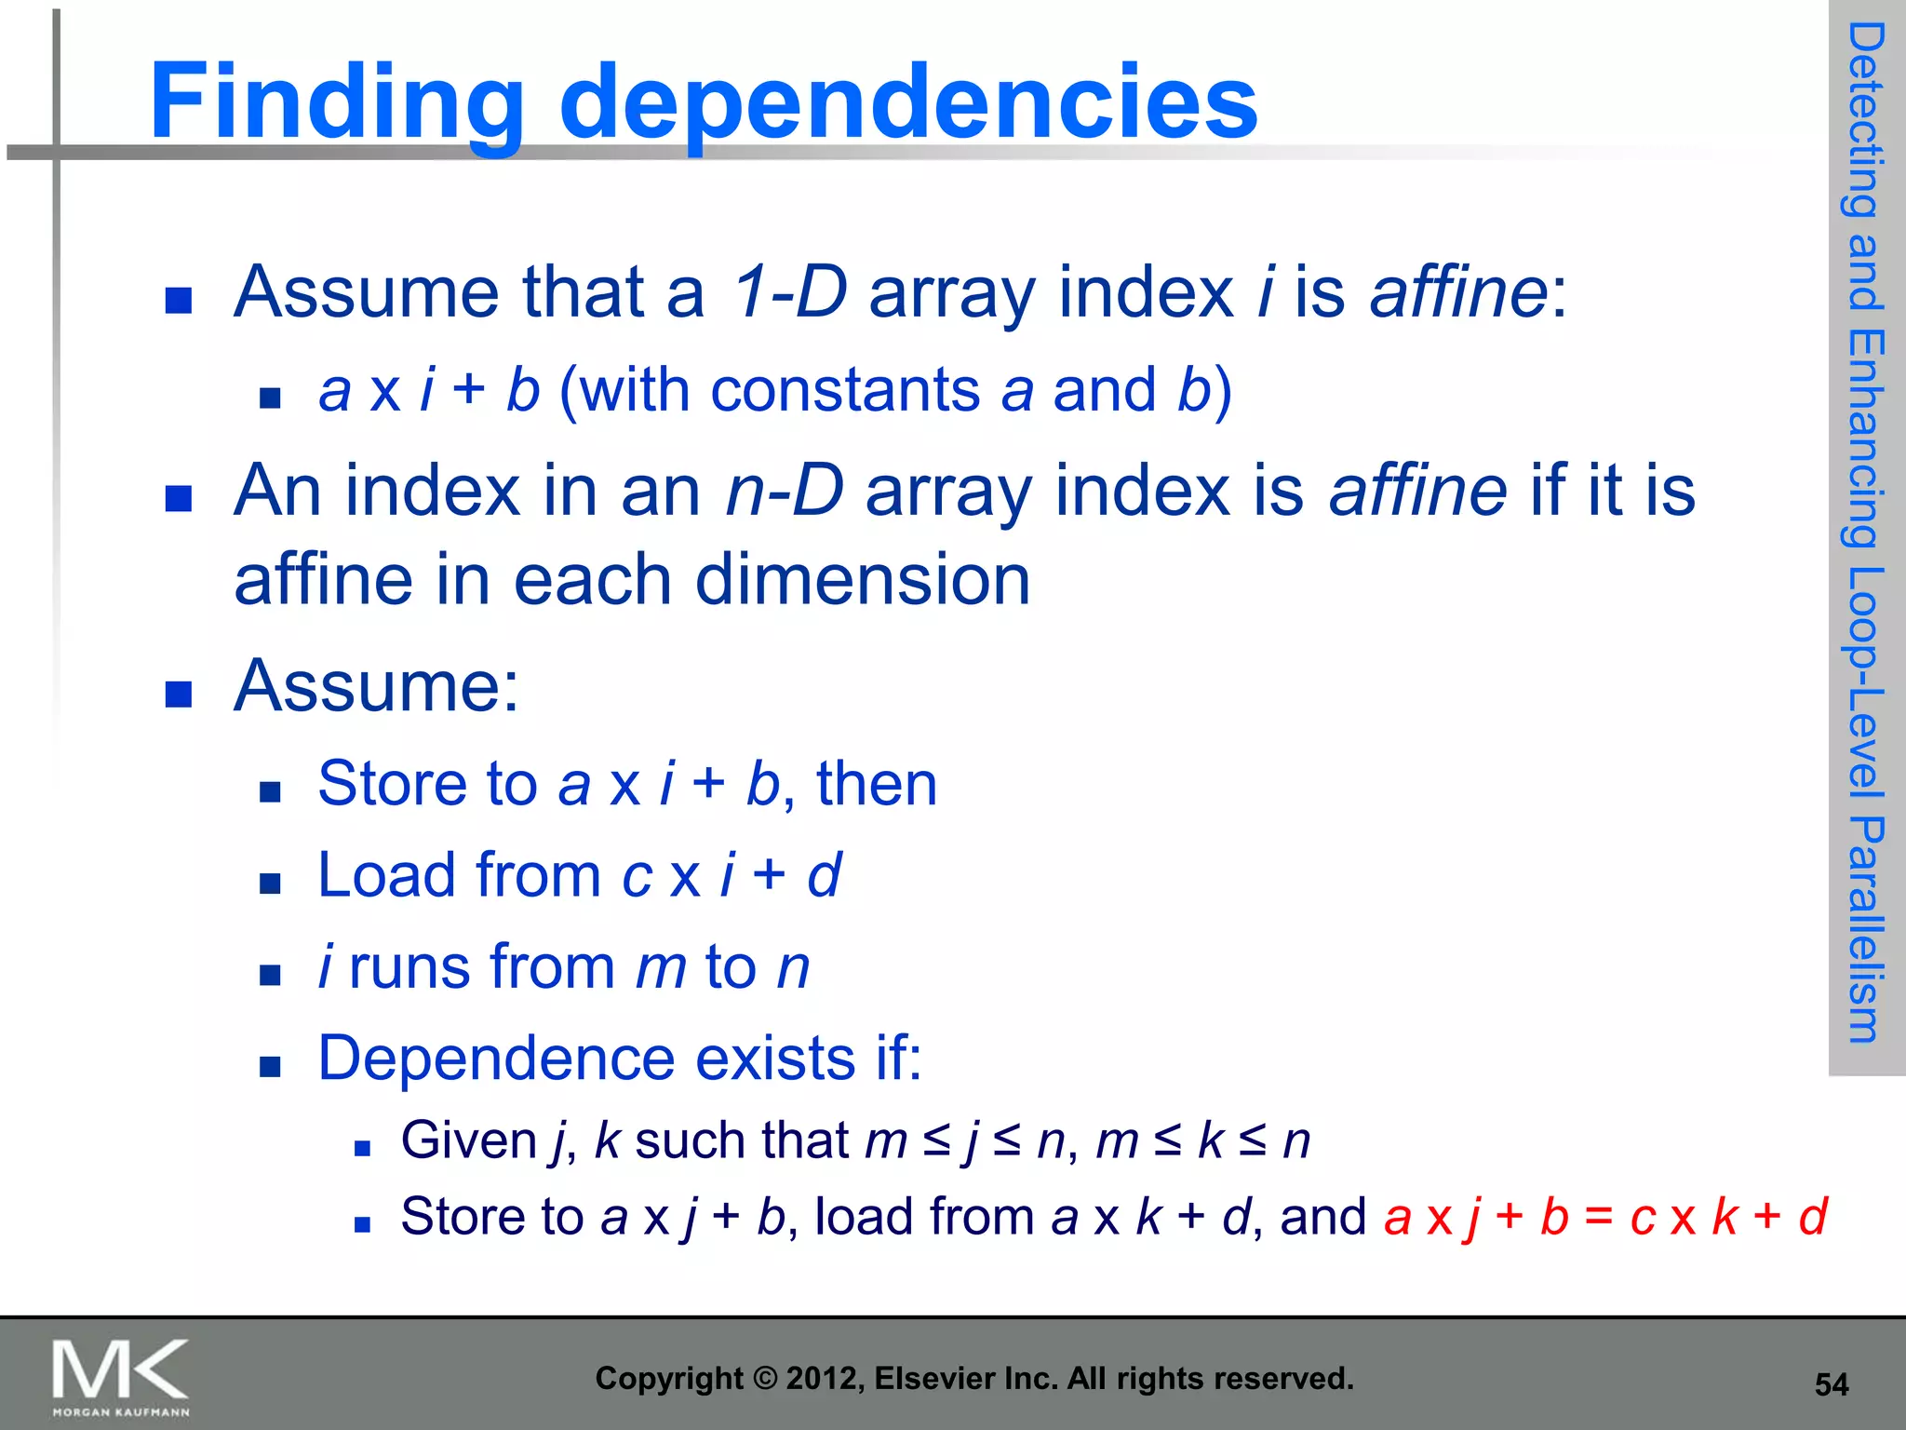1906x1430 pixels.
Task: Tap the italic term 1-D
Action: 789,292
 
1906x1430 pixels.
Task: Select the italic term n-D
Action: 784,491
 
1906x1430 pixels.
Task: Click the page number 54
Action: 1831,1384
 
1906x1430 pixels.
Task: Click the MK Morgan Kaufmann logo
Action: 121,1376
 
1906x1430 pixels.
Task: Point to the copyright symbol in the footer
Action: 764,1379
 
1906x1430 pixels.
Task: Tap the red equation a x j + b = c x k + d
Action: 1605,1217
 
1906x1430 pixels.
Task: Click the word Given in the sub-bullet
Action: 468,1140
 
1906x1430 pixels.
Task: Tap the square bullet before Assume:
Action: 178,694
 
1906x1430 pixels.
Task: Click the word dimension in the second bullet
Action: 863,580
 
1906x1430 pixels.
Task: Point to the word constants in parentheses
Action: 845,389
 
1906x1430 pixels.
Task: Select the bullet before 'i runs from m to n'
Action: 270,975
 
